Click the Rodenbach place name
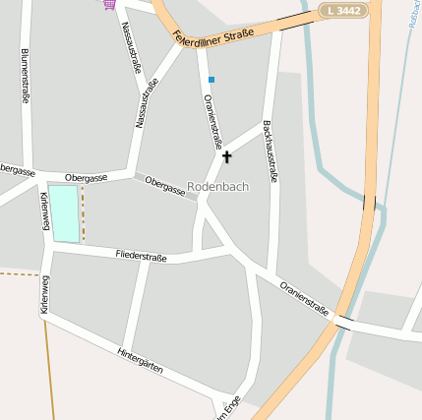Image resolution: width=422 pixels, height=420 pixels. (217, 186)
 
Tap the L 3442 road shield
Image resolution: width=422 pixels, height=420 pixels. (341, 10)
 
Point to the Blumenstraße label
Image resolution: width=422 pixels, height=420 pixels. (25, 76)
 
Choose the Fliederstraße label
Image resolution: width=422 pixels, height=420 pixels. (141, 256)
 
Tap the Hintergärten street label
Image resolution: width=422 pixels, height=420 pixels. (140, 366)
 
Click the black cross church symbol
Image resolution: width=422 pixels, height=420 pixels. (227, 156)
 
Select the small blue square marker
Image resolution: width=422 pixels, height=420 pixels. (211, 79)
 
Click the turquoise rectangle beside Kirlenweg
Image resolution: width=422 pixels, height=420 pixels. (64, 212)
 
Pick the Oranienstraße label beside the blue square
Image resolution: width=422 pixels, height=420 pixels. (211, 120)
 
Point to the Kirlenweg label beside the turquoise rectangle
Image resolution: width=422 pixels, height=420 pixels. (45, 210)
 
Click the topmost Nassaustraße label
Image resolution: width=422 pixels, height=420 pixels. (129, 43)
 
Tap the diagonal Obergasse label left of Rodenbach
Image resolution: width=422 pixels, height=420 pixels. (164, 186)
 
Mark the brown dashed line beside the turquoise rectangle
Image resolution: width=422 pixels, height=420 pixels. (83, 213)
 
